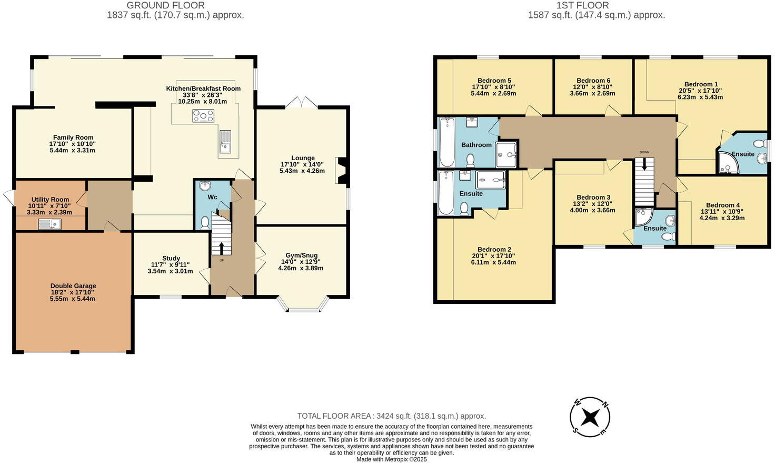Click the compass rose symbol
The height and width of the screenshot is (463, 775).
590,417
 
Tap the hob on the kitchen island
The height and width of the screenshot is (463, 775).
204,115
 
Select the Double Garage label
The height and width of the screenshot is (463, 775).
73,286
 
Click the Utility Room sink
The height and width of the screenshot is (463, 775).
50,224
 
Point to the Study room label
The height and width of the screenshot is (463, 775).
171,258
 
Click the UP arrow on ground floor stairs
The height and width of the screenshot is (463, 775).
221,248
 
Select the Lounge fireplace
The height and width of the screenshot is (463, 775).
341,171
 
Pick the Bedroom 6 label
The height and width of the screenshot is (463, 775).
593,81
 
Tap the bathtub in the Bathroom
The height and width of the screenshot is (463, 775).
447,142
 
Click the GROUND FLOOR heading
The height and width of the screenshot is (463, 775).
165,5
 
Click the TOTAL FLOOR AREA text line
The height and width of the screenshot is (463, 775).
391,416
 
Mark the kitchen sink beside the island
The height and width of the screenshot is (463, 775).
225,141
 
